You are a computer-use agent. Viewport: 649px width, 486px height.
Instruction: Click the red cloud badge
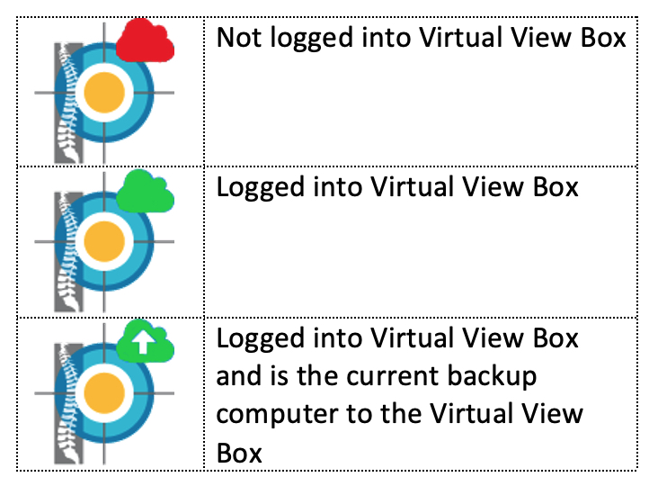144,41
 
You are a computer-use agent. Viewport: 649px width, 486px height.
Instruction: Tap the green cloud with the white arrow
144,341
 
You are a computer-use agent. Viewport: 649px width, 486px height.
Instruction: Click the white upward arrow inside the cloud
141,340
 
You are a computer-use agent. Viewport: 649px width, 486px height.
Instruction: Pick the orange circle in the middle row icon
104,242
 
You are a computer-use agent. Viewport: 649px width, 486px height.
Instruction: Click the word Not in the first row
236,40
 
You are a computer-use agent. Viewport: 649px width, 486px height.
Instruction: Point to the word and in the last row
236,377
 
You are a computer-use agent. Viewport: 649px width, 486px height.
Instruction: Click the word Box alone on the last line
239,452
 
